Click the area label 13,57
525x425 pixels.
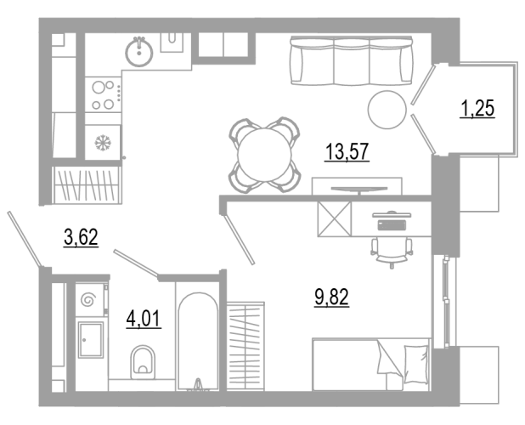point(347,151)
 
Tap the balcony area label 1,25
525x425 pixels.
point(477,109)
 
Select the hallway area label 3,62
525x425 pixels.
point(81,237)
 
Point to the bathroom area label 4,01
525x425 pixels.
point(144,319)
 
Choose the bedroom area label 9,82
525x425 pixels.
point(331,297)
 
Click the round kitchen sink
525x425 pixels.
point(139,53)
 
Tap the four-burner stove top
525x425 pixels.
point(103,95)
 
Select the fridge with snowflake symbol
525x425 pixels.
point(103,143)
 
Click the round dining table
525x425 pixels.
point(264,155)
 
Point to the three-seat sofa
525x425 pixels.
point(351,60)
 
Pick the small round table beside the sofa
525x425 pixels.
point(387,110)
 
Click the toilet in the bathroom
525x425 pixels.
point(143,362)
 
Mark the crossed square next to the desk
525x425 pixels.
point(335,218)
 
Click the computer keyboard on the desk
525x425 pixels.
point(392,225)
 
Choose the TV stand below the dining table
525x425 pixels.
point(357,186)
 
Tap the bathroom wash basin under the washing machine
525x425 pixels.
point(91,340)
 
